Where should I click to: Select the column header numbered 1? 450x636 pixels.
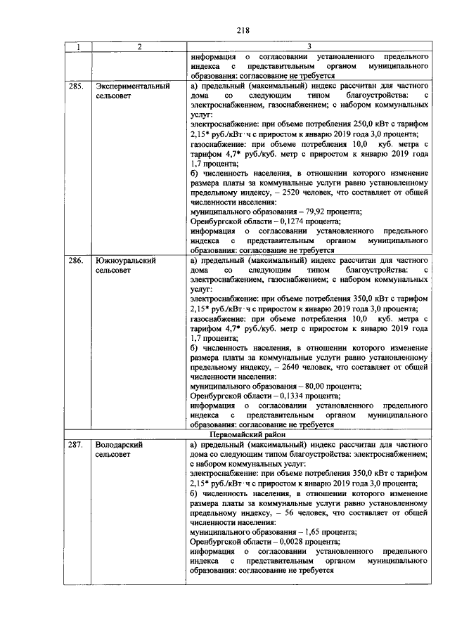(79, 46)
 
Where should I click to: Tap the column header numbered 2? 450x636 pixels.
(139, 46)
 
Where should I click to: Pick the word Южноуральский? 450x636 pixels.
(126, 260)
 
